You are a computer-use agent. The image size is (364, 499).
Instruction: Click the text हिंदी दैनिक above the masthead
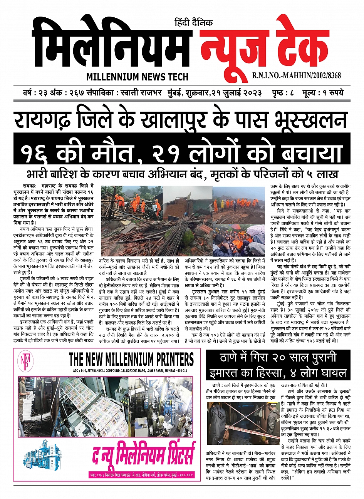193,23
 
